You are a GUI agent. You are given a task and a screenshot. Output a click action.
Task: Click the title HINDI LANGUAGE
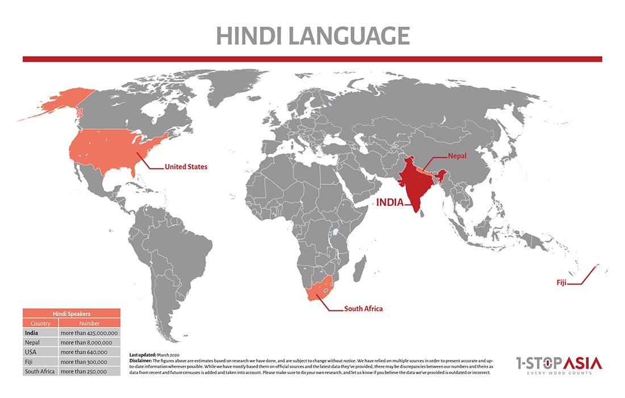tap(312, 36)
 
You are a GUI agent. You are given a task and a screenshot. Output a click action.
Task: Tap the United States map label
tap(186, 167)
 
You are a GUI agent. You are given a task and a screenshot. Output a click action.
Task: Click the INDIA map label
tap(390, 202)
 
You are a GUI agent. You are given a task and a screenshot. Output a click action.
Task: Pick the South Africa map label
tap(363, 309)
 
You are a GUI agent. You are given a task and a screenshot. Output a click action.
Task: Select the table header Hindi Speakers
tap(72, 313)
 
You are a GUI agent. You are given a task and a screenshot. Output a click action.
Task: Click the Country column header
tap(40, 324)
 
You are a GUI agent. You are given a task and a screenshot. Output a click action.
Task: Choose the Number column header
tap(89, 324)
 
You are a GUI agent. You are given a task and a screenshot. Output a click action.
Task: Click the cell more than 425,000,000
tap(89, 333)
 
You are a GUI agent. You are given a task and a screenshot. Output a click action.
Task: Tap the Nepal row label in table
tap(32, 343)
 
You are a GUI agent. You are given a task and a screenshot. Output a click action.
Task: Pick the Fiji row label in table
tap(28, 362)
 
